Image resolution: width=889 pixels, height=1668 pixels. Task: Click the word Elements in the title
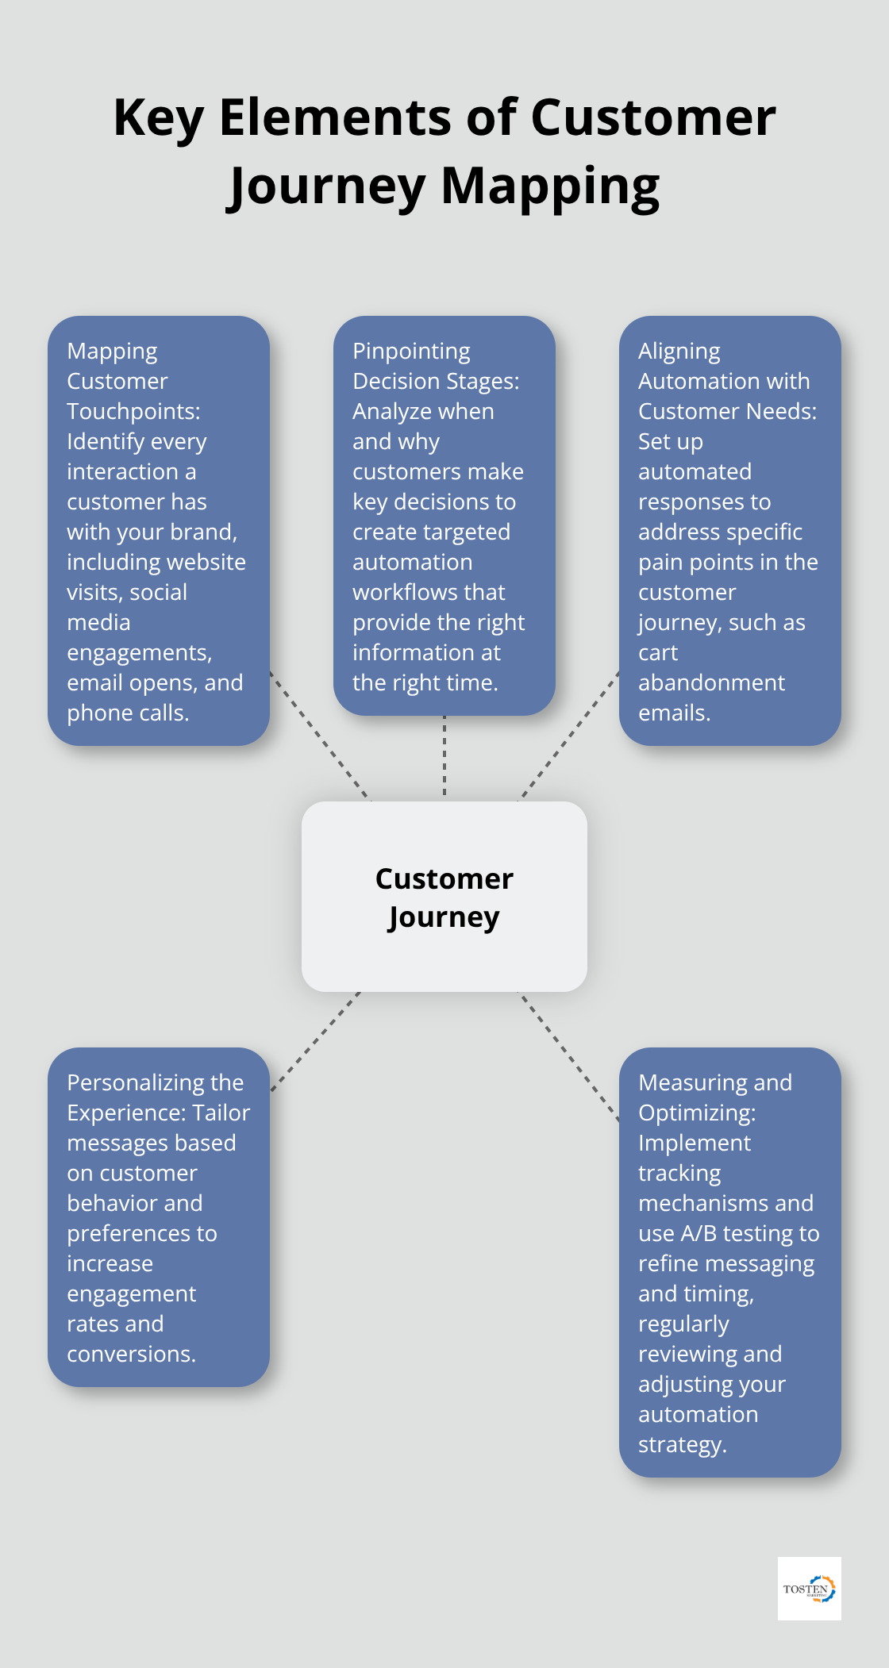(x=335, y=117)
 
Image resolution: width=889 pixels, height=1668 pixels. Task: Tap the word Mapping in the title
(x=549, y=186)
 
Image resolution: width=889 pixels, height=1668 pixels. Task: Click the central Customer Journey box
(x=444, y=897)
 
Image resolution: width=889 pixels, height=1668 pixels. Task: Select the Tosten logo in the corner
(x=809, y=1588)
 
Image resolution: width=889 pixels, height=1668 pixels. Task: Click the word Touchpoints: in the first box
(x=133, y=411)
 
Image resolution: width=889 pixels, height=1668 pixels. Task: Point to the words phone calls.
(x=127, y=713)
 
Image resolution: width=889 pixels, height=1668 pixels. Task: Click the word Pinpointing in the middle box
(x=411, y=351)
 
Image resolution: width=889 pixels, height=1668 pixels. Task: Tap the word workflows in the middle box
(x=429, y=592)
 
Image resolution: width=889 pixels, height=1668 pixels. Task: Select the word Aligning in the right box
(x=679, y=351)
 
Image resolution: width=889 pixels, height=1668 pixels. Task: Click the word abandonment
(x=711, y=682)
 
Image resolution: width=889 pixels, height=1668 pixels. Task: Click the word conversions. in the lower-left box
(x=131, y=1354)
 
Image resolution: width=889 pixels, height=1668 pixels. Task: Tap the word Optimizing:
(x=696, y=1113)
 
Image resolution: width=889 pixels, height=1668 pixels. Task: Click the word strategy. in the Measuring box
(x=682, y=1444)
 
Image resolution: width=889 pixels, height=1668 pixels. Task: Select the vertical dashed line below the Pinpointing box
(x=444, y=758)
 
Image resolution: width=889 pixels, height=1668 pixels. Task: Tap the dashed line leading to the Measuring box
(x=569, y=1056)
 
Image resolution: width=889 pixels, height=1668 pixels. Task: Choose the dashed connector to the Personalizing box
(x=315, y=1041)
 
